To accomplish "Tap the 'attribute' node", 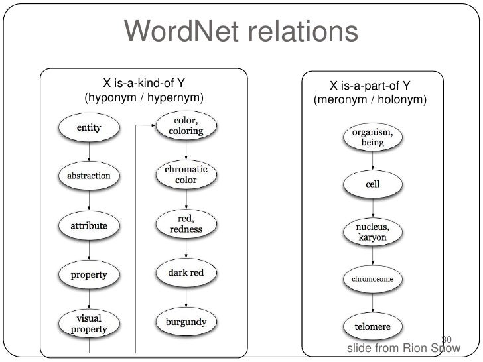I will click(x=88, y=225).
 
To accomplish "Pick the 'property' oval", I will click(x=89, y=273).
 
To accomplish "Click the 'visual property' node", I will click(x=88, y=323).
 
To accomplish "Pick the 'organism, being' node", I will click(x=372, y=137).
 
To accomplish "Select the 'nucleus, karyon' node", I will click(x=373, y=232).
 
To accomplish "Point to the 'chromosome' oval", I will click(x=372, y=279).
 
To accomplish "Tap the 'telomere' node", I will click(x=372, y=327).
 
